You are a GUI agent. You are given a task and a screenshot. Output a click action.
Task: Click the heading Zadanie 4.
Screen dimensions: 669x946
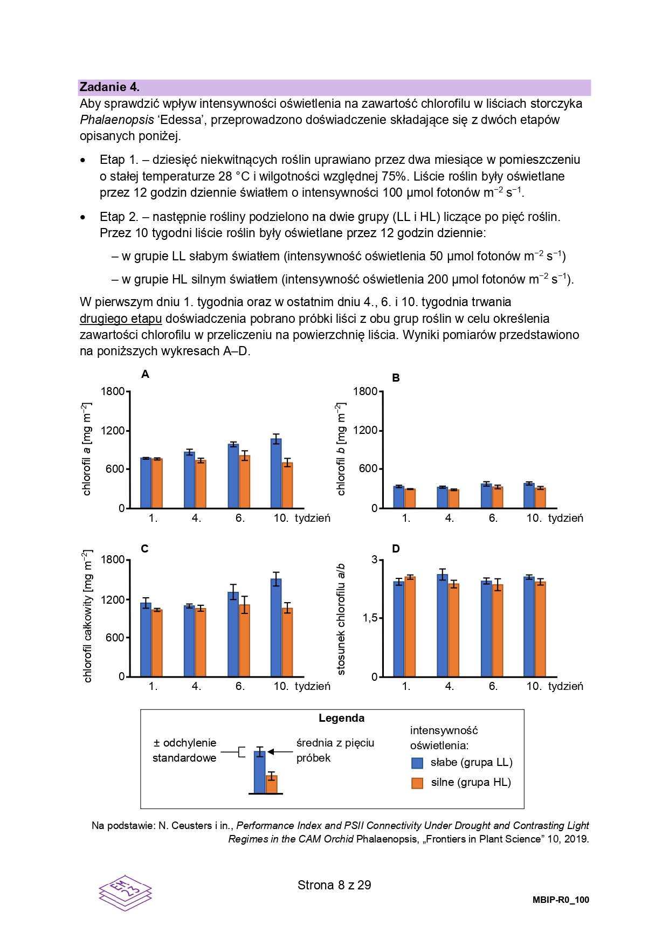[109, 87]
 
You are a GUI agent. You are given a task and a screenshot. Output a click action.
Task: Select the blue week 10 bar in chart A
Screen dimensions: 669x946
[276, 473]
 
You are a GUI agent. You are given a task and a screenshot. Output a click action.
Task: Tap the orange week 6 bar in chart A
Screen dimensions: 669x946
[245, 482]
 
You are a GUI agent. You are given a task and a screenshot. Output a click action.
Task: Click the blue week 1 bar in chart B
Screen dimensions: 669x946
[399, 497]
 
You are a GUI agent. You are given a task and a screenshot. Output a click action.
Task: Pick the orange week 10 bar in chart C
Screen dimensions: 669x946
[287, 642]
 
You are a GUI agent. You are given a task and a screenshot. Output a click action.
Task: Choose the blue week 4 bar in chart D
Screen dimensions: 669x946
[443, 625]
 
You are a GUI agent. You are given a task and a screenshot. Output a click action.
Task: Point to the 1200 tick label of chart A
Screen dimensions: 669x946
[113, 431]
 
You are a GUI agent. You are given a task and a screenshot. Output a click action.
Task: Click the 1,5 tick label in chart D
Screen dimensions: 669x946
[370, 618]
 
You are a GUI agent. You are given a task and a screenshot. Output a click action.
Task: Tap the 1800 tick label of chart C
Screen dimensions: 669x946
[113, 560]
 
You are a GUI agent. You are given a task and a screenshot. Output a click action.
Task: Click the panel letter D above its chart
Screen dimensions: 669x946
[396, 549]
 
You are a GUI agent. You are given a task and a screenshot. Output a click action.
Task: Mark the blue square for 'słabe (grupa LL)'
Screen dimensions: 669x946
[417, 763]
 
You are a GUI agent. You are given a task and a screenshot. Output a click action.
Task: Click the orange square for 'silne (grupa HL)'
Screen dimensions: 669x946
[417, 783]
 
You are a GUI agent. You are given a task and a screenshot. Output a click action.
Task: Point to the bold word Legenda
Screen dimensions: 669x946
[342, 718]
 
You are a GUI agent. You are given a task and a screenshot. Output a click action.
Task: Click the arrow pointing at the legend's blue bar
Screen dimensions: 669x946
[280, 752]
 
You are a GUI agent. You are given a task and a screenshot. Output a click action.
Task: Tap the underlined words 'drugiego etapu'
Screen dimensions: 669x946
[121, 319]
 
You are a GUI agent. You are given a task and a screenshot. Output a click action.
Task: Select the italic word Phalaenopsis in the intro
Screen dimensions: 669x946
[117, 120]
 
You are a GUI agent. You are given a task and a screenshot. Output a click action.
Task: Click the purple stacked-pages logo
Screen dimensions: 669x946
[126, 893]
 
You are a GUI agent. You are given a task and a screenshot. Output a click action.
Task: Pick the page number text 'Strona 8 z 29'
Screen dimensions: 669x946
[334, 885]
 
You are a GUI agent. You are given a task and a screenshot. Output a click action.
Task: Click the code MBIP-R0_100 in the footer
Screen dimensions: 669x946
[561, 900]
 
